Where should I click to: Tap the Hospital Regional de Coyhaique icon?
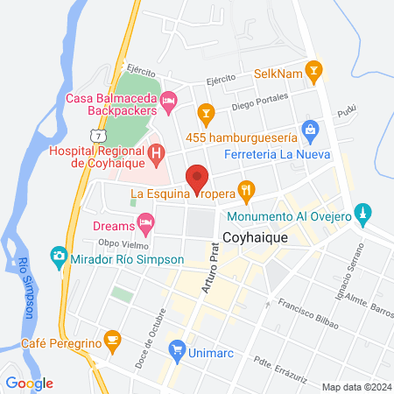(157, 157)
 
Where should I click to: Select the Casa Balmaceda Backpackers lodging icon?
(171, 105)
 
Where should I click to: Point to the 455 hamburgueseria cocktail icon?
(206, 111)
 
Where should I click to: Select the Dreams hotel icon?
(146, 222)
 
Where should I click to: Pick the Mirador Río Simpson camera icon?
(59, 257)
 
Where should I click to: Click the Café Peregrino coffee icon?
(112, 339)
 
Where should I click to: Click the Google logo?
(29, 383)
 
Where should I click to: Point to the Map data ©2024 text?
(355, 387)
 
